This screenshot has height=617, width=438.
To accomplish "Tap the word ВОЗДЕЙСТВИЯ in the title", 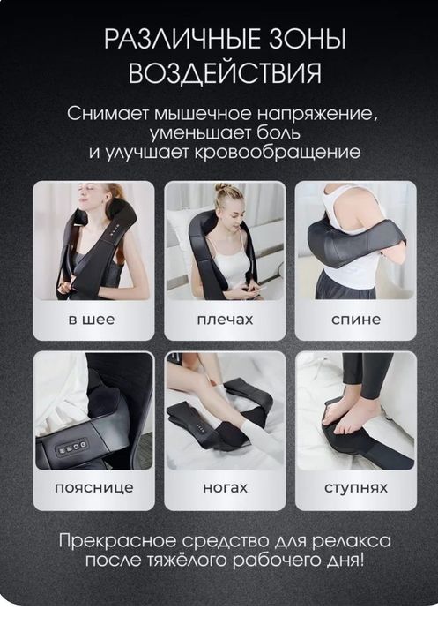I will (x=225, y=73).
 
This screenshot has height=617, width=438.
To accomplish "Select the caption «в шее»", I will (x=93, y=319).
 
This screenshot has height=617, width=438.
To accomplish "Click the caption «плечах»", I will (x=224, y=319).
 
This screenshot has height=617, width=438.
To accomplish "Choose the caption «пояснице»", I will (x=93, y=487).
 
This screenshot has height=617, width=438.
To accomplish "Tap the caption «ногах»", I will (x=224, y=487).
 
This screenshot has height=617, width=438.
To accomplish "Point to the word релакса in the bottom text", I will (x=349, y=540).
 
